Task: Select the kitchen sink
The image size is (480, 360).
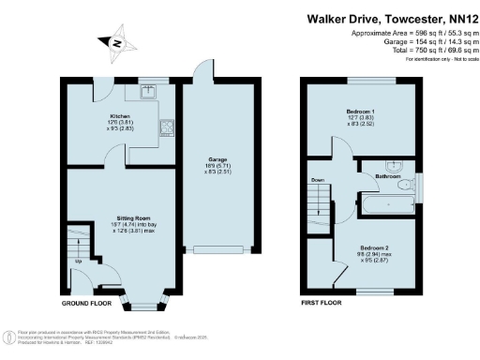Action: [147, 92]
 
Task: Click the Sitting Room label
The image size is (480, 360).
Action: [122, 214]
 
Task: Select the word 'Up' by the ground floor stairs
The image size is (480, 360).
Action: [79, 262]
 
